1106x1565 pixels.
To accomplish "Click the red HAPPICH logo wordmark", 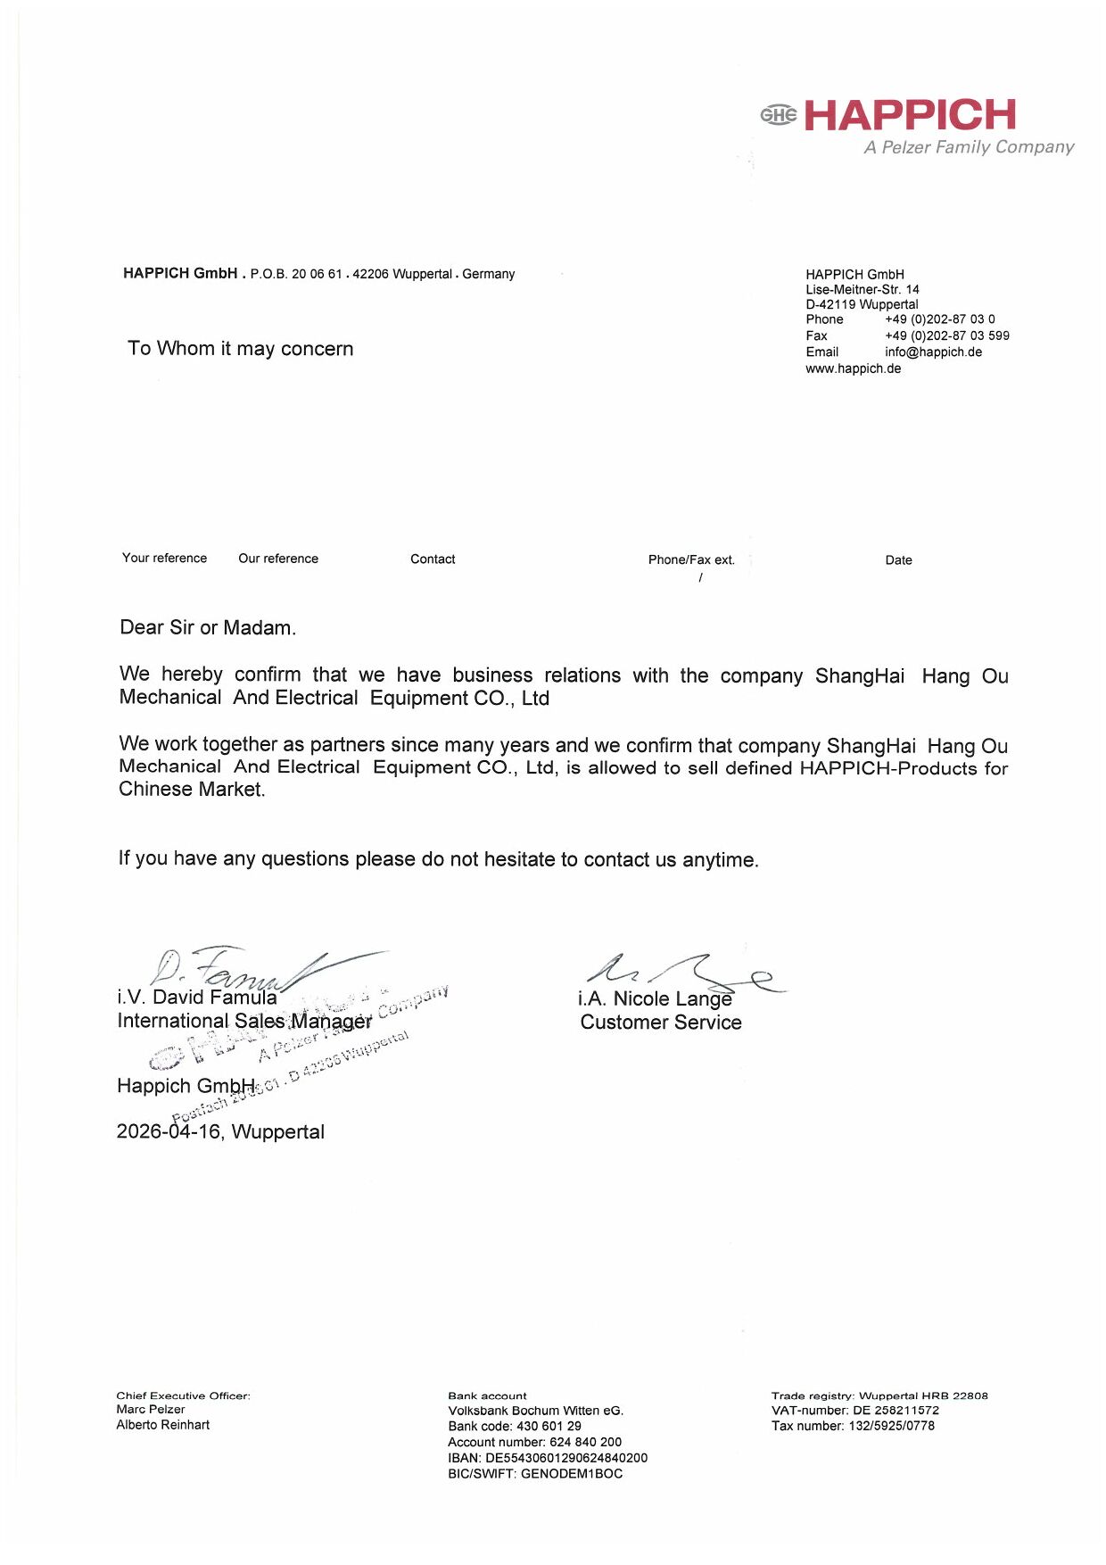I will pyautogui.click(x=910, y=115).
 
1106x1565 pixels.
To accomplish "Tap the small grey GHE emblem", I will pyautogui.click(x=779, y=114).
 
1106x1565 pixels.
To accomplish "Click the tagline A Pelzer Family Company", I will pyautogui.click(x=969, y=147).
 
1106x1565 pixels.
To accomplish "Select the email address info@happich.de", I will pyautogui.click(x=933, y=352).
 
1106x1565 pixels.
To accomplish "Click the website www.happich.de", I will pyautogui.click(x=853, y=368).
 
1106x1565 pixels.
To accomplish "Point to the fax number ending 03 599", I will pyautogui.click(x=946, y=335).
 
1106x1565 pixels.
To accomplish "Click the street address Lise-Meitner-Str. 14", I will pyautogui.click(x=862, y=289).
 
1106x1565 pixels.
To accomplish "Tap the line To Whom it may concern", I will pyautogui.click(x=241, y=349).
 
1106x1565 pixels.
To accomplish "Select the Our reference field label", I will pyautogui.click(x=278, y=559).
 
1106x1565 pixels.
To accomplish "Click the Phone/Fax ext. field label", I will pyautogui.click(x=691, y=559).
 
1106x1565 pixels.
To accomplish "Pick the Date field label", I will pyautogui.click(x=898, y=560).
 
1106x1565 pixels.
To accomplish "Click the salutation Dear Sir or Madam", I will pyautogui.click(x=208, y=628).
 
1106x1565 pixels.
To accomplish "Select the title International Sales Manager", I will pyautogui.click(x=244, y=1022).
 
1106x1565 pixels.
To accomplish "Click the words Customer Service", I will pyautogui.click(x=661, y=1023).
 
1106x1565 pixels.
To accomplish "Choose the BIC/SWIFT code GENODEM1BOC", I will pyautogui.click(x=572, y=1474).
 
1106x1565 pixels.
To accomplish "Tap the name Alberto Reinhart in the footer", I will pyautogui.click(x=163, y=1425).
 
